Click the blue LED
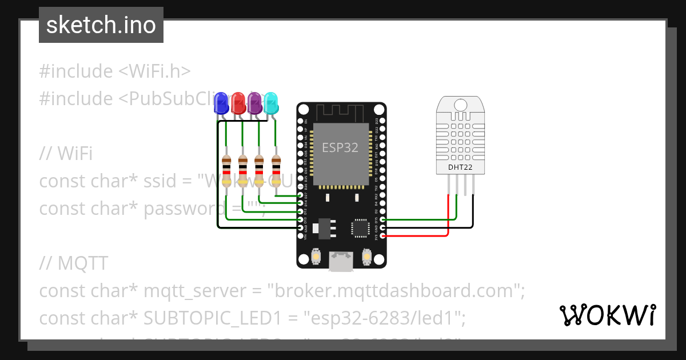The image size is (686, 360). tap(221, 103)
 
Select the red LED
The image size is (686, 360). tap(238, 103)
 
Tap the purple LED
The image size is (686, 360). tap(254, 103)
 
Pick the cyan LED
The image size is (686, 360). tap(271, 103)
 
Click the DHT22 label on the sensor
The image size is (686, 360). tap(461, 167)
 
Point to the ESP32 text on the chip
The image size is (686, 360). tap(340, 147)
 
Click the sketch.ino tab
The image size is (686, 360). tap(101, 25)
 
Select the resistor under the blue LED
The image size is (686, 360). tap(226, 171)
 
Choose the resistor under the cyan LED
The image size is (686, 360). tap(276, 171)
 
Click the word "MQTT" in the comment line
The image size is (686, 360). tap(82, 263)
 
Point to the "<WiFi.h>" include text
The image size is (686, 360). tap(154, 71)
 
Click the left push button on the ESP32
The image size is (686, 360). tap(315, 259)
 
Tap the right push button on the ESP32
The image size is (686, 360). tap(367, 259)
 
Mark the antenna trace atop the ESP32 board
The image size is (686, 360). tap(341, 112)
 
